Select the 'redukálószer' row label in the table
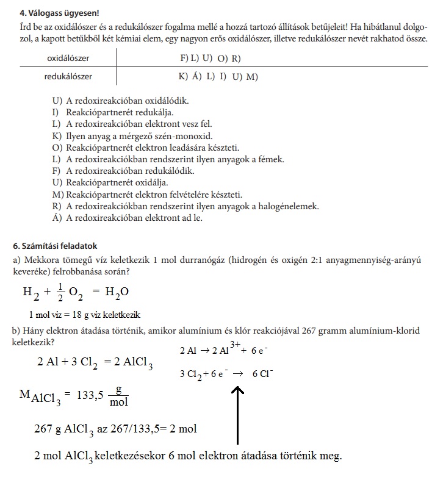[68, 77]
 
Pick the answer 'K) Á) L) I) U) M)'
[218, 77]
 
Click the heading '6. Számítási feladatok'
[55, 246]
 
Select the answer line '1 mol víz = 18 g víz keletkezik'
[84, 315]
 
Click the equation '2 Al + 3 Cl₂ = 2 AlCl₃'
[95, 362]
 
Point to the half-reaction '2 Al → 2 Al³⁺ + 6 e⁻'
[225, 351]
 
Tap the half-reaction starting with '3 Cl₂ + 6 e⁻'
[226, 373]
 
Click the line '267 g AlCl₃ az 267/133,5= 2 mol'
[115, 429]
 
